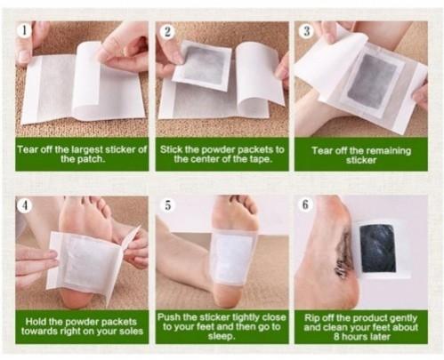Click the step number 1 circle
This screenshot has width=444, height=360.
pos(24,31)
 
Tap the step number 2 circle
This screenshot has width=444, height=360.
pos(166,31)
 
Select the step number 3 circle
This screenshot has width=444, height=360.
pos(307,32)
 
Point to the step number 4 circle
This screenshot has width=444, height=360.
pos(25,205)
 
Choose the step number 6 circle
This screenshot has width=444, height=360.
pos(306,205)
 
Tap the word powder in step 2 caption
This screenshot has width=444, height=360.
pos(209,149)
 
